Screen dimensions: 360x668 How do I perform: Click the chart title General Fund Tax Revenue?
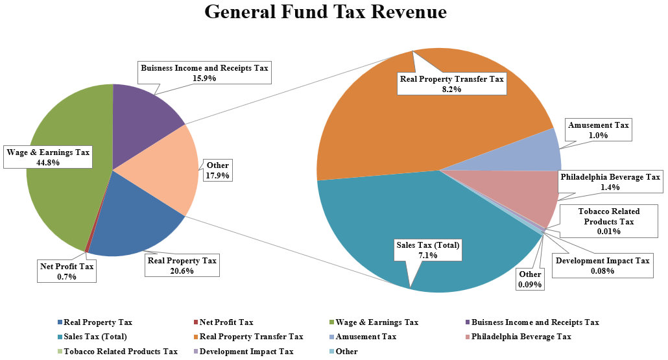tap(326, 12)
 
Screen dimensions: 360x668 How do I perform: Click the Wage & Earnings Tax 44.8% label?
tap(48, 158)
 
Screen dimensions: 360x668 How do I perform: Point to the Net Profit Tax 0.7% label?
tap(67, 271)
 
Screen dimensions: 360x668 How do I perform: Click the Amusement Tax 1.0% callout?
tap(598, 130)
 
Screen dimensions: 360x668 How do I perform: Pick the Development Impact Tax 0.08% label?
tap(602, 266)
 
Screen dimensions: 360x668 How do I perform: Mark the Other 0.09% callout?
tap(531, 280)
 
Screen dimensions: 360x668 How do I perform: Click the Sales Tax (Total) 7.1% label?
tap(428, 250)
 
